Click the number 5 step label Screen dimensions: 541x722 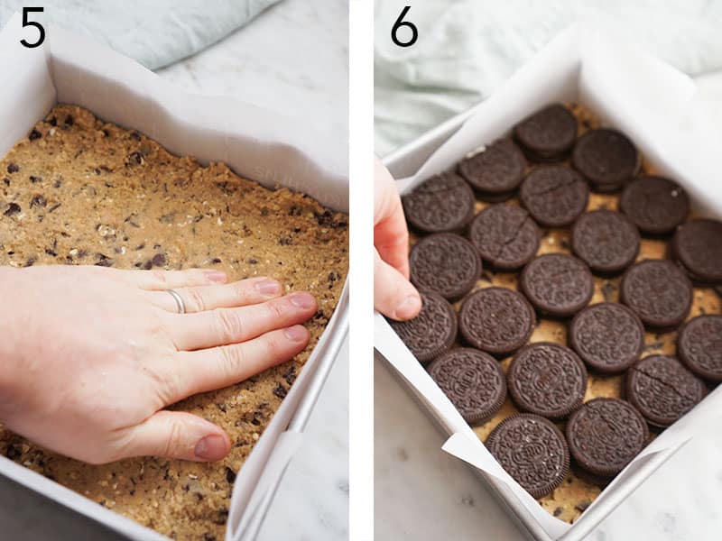pyautogui.click(x=32, y=28)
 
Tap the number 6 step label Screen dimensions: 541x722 pyautogui.click(x=403, y=28)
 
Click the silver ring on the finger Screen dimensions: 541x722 pyautogui.click(x=177, y=301)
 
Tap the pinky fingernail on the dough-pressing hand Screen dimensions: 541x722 pyautogui.click(x=215, y=276)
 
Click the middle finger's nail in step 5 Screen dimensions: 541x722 pyautogui.click(x=302, y=301)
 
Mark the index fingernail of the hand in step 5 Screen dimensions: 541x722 pyautogui.click(x=296, y=333)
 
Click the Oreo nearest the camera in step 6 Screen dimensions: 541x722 pyautogui.click(x=528, y=454)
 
